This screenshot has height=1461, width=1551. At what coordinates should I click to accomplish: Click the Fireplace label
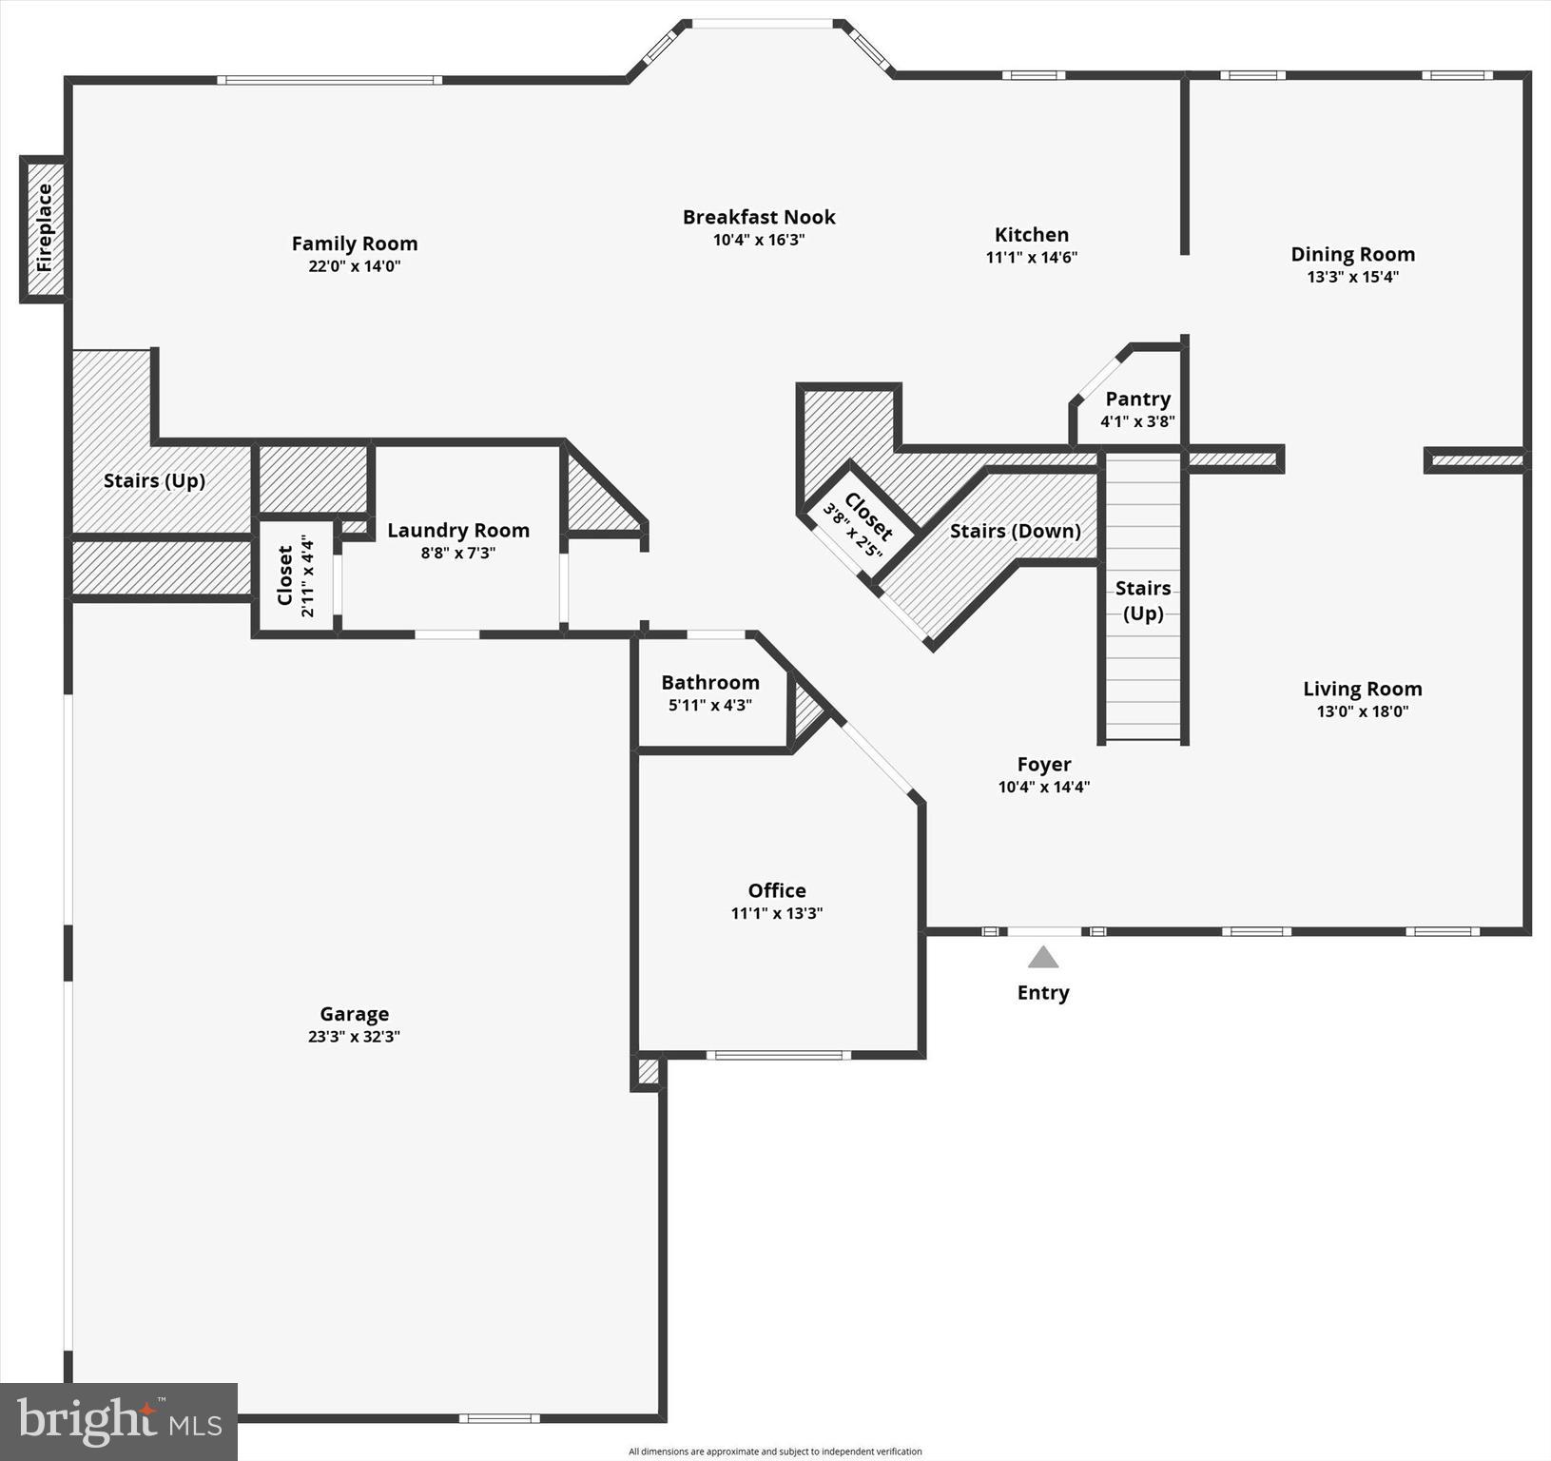coord(44,228)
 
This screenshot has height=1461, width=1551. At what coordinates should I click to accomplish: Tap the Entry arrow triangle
coord(1043,957)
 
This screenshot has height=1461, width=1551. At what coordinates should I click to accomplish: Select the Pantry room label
coord(1137,399)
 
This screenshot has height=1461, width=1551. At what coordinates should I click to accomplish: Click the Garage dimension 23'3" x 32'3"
coord(354,1037)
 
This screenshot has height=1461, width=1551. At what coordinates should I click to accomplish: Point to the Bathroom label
coord(710,683)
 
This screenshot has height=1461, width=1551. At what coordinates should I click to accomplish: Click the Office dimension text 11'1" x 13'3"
coord(776,913)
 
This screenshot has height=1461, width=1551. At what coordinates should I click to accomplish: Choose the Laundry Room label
coord(458,531)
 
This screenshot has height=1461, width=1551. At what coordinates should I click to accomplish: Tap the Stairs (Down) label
coord(1015,531)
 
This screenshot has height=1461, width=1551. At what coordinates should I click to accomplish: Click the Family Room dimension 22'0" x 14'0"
coord(354,266)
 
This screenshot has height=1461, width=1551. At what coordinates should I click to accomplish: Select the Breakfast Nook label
coord(759,217)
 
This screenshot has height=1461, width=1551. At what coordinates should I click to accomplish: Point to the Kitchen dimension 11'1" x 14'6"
coord(1031,257)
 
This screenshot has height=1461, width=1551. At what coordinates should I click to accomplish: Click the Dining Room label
coord(1352,254)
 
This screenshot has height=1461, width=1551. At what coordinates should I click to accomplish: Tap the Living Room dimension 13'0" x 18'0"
coord(1362,711)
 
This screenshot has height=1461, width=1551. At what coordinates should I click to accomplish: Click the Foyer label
coord(1043,765)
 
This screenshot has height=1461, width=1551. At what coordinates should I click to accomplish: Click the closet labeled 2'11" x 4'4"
coord(296,575)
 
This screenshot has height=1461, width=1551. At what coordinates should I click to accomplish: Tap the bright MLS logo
coord(119,1421)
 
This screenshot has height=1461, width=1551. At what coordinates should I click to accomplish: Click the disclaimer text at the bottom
coord(775,1451)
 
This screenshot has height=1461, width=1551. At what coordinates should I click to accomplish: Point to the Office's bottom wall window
coord(778,1055)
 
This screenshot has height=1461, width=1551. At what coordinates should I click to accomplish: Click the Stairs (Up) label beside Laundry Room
coord(154,481)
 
